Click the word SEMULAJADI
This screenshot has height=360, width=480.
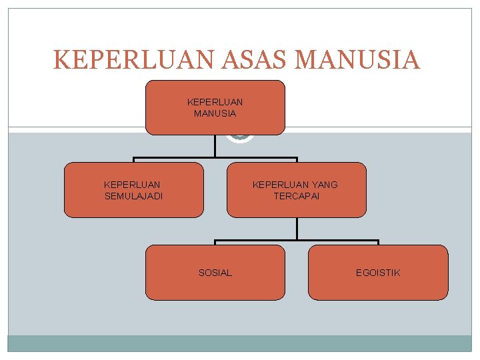point(133,196)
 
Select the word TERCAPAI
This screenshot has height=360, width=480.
point(296,196)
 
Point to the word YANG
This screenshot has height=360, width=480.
point(324,185)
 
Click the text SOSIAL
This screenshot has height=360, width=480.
point(215,273)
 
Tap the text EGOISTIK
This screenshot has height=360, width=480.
point(378,273)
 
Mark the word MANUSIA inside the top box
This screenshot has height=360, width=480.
point(215,113)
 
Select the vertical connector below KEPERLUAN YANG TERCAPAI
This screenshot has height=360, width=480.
point(297,229)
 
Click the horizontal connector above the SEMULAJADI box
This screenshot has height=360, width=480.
point(173,159)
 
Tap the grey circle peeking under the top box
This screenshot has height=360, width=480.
point(240,139)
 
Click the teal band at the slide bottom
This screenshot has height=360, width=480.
point(240,343)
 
